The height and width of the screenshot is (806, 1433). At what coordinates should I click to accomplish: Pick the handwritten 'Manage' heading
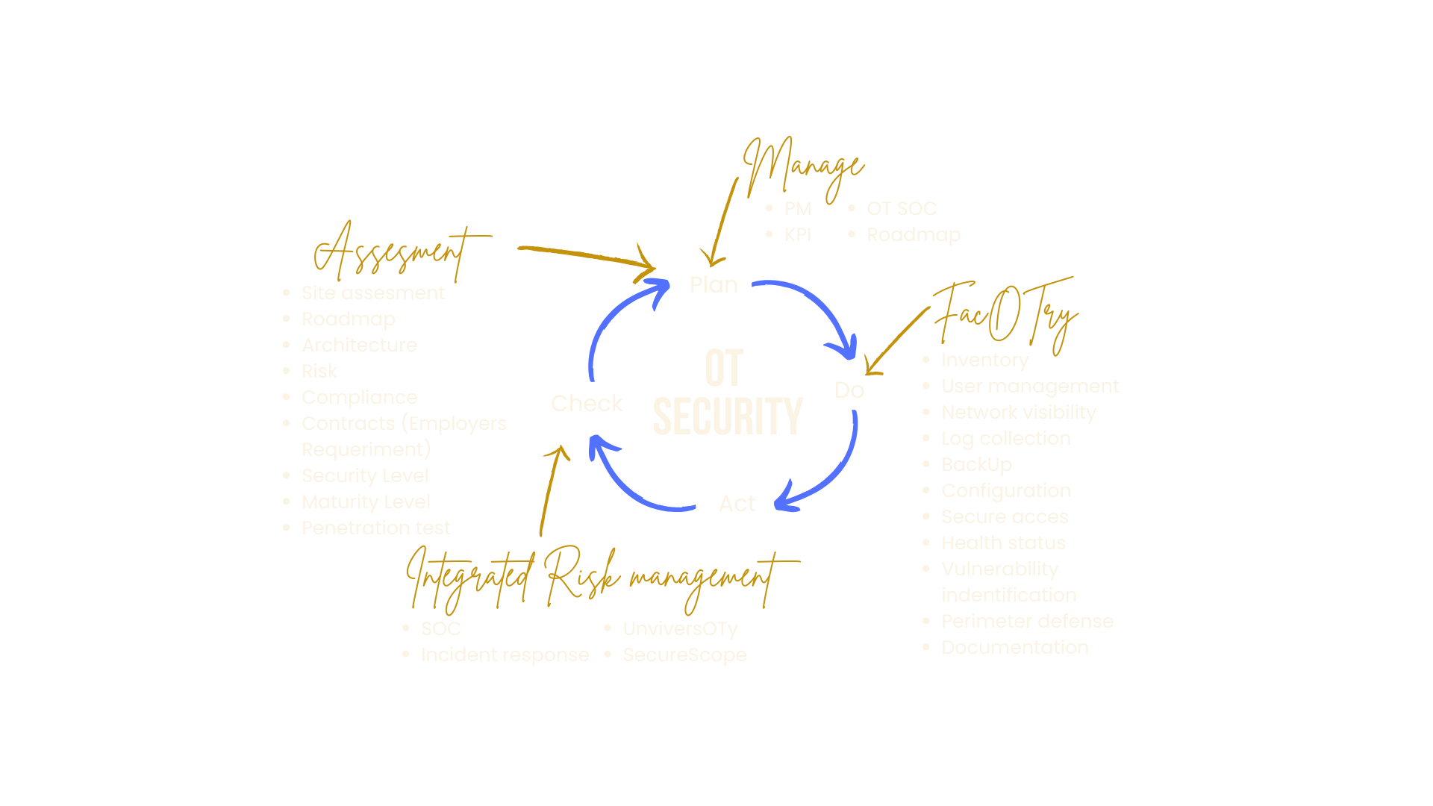pos(805,167)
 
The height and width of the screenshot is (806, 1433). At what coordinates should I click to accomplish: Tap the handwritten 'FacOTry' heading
pos(1005,313)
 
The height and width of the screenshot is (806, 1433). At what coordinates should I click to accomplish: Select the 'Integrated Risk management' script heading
pos(597,578)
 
